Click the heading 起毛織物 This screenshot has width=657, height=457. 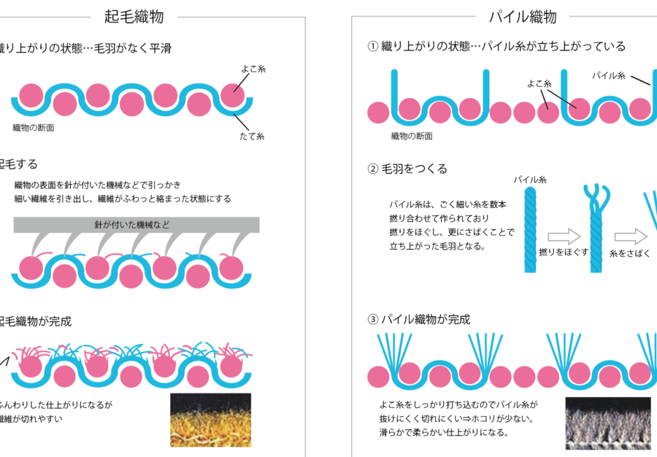pos(134,17)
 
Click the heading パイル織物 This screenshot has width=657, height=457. pos(523,17)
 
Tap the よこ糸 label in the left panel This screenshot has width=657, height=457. pos(253,69)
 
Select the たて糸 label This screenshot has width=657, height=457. pos(252,136)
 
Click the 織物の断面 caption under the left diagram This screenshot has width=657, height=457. pos(34,128)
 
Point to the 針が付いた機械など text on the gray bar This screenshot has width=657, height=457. pos(132,225)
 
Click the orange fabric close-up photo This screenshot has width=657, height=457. pos(210,420)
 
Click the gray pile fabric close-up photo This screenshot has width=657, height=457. pos(608,423)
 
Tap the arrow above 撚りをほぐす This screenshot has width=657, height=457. pos(564,237)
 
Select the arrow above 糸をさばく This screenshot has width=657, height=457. pos(631,237)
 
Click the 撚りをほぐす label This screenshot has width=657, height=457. pos(564,252)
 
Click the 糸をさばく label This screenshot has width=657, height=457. pos(630,253)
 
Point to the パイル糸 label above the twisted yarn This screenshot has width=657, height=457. pos(530,180)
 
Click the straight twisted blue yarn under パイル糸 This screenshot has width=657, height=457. pos(530,229)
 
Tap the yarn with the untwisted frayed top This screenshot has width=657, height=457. pos(596,228)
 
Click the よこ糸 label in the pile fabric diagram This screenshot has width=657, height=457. pos(539,84)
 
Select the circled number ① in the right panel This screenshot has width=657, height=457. pos(373,46)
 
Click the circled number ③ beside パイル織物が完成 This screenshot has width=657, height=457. pos(373,320)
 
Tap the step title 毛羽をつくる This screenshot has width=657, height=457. pos(415,169)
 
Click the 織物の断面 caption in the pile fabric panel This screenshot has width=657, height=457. pos(412,136)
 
